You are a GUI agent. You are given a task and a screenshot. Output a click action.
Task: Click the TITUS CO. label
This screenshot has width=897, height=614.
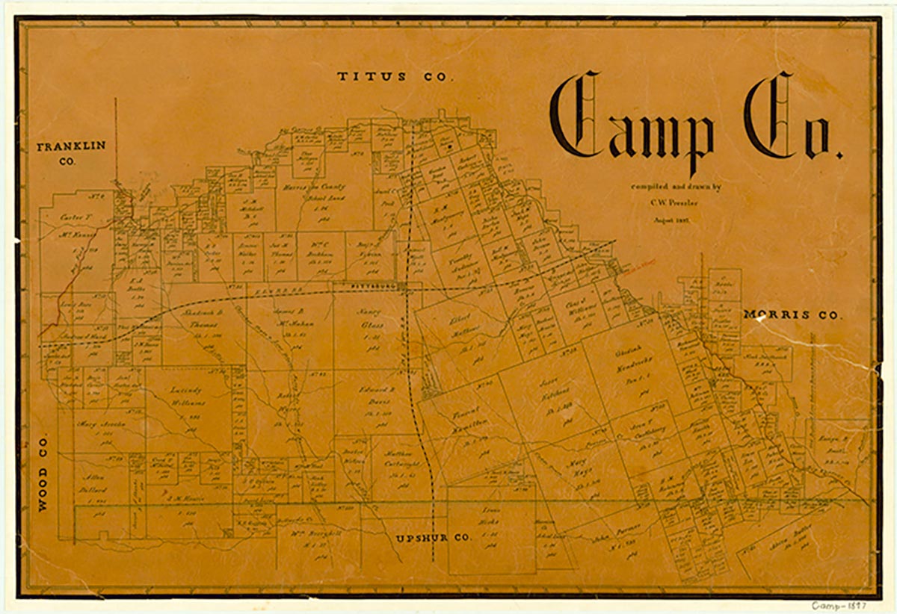(x=395, y=77)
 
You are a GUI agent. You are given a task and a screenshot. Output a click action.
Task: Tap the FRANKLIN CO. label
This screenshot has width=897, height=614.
(x=72, y=152)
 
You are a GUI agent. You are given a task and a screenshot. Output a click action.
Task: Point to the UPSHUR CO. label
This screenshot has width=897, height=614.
(x=432, y=537)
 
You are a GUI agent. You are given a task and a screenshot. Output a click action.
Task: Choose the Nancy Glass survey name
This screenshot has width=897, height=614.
(x=368, y=317)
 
